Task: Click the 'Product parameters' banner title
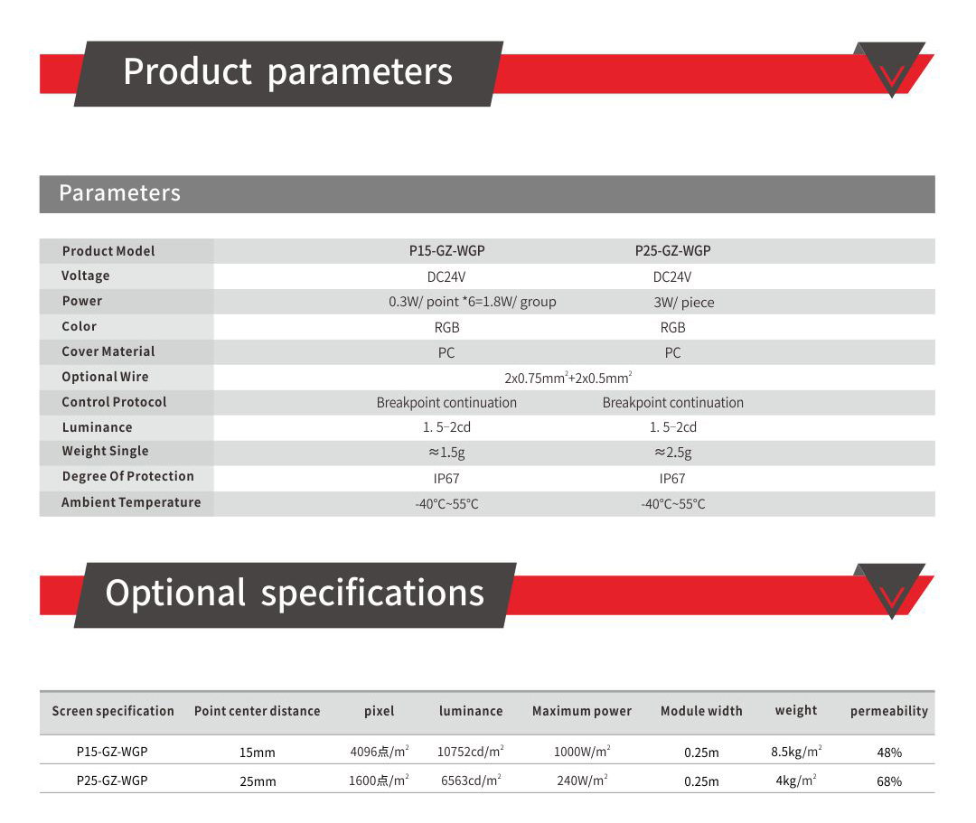point(287,72)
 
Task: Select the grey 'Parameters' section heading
point(119,192)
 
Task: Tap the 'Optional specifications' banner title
point(295,594)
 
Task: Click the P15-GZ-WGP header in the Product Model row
point(447,251)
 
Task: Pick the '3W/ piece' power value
point(683,303)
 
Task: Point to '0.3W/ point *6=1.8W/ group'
point(473,302)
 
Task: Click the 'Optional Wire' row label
point(105,377)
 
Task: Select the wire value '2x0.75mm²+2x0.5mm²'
point(568,378)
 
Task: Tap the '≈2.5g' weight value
point(673,453)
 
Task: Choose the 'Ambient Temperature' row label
point(131,502)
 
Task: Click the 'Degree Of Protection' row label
point(127,476)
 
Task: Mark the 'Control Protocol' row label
point(114,402)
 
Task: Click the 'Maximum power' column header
point(581,711)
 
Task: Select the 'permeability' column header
point(889,711)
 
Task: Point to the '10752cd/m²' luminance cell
point(471,752)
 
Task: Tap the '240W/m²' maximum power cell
point(582,781)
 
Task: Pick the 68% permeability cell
point(889,781)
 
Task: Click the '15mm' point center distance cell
point(257,753)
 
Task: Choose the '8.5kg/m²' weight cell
point(796,752)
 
